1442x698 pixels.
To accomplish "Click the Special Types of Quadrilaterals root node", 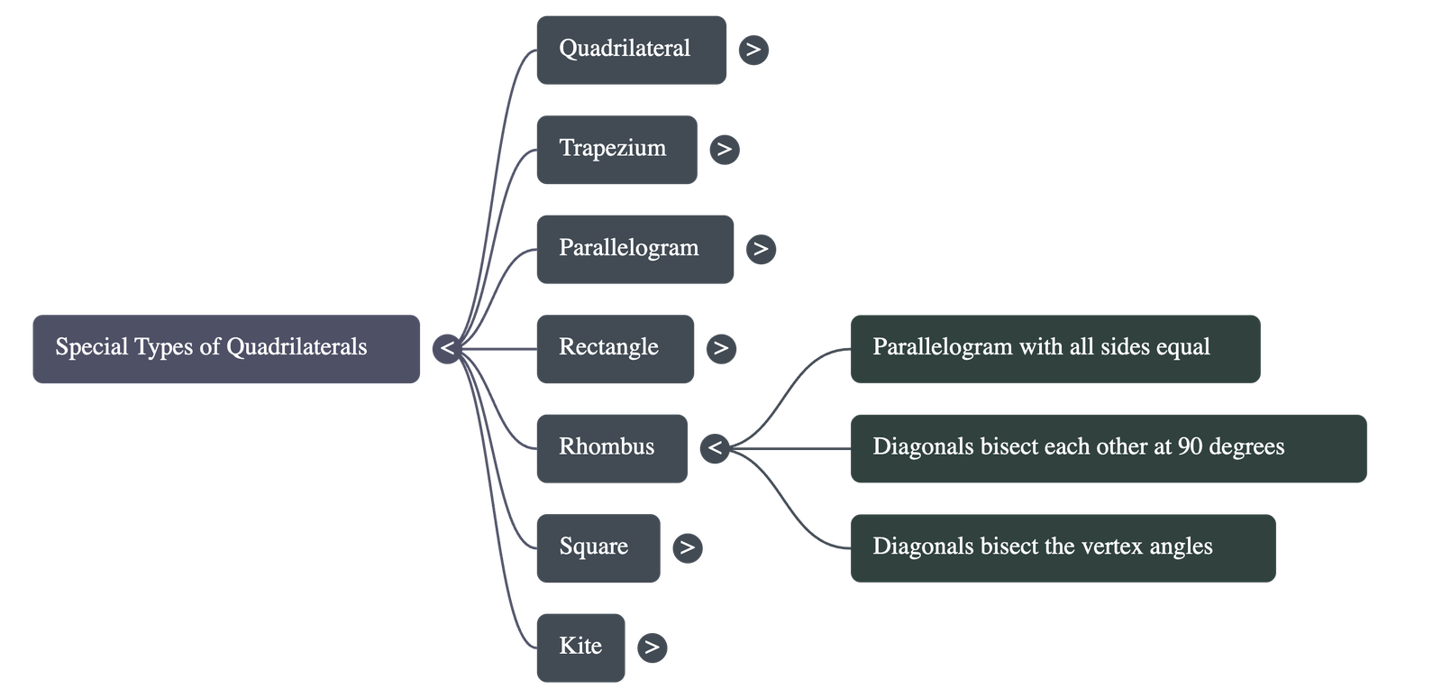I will click(225, 348).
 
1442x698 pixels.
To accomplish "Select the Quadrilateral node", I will click(631, 50).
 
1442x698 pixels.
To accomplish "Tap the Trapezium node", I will click(616, 149).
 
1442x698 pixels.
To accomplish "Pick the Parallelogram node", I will click(634, 249).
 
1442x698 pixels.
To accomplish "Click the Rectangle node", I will click(615, 348).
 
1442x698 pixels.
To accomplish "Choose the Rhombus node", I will click(611, 447).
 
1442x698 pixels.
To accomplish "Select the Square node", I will click(598, 547).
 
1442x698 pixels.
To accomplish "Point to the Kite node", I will click(580, 647).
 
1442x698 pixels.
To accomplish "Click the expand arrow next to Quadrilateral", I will click(753, 50).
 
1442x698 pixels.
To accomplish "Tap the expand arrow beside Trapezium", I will click(724, 149).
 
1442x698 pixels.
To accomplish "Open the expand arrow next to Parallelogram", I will click(761, 249).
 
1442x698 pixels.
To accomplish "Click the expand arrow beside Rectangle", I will click(720, 348).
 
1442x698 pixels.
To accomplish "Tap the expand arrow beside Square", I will click(687, 547).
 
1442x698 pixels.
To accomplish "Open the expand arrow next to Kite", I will click(652, 647).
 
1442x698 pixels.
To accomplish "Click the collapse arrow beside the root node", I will click(447, 348).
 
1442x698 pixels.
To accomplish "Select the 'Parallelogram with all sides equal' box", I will click(1054, 348).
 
